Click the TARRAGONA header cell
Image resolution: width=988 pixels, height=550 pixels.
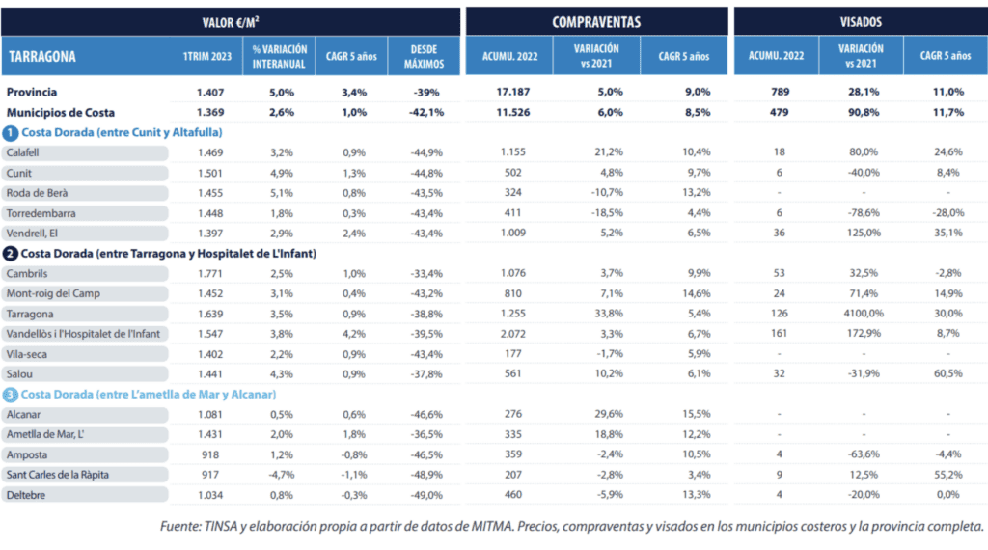[x=42, y=56]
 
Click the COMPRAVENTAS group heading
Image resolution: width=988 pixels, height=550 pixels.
[x=596, y=21]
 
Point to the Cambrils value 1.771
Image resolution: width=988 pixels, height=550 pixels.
[x=211, y=273]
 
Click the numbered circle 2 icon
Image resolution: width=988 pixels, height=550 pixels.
[x=10, y=253]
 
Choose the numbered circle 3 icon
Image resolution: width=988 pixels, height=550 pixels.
[x=10, y=394]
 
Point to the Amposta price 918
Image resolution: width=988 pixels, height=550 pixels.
[x=209, y=454]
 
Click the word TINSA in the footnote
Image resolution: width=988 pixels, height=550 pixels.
[x=233, y=527]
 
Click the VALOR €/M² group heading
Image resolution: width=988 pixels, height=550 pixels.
[x=231, y=21]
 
